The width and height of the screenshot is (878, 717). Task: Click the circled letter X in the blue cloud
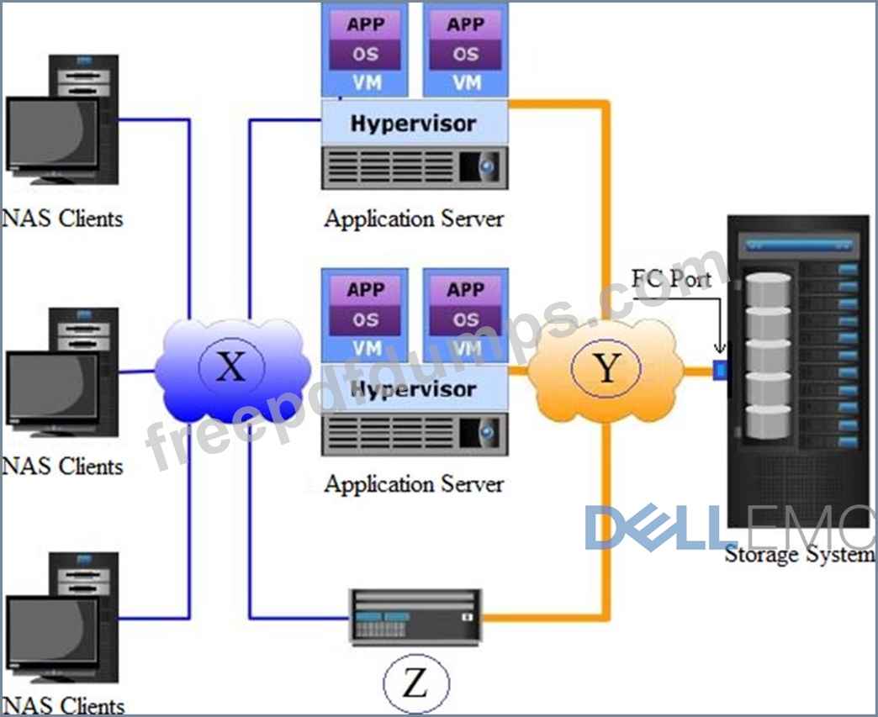pos(231,366)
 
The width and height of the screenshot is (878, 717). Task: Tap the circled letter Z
pos(416,683)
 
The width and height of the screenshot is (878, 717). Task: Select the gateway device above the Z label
pos(415,617)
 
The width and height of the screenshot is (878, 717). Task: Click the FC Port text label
pos(671,278)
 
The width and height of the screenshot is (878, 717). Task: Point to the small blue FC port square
pos(720,370)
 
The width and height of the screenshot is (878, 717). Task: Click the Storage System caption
pos(800,554)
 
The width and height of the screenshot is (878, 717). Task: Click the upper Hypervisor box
pos(415,123)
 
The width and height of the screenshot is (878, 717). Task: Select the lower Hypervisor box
pos(415,387)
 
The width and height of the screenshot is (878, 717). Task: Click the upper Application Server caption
pos(414,219)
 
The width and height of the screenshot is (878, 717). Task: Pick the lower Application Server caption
pos(414,483)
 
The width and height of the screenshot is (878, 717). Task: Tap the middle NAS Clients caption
pos(62,466)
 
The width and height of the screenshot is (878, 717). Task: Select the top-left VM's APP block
pos(365,24)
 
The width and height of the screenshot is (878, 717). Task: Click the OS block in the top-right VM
pos(465,55)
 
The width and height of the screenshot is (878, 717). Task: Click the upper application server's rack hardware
pos(415,167)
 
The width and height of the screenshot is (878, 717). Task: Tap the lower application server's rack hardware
pos(415,433)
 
